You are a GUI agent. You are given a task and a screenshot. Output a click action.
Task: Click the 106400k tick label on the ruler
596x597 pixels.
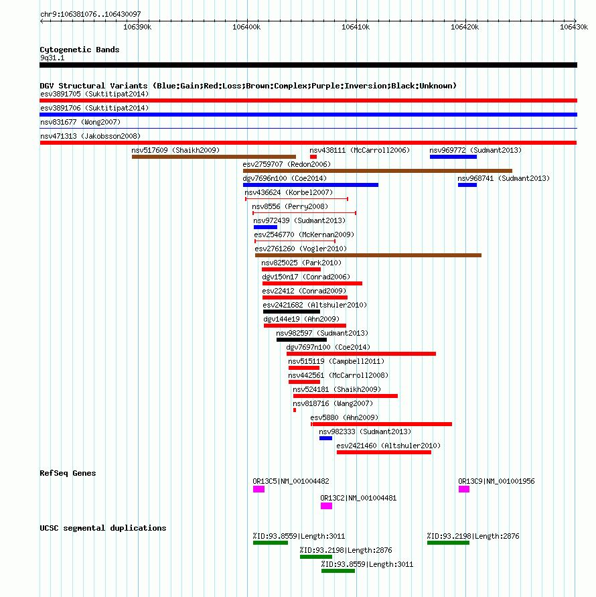tap(246, 27)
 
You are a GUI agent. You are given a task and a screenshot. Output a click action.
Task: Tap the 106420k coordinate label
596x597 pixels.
tap(465, 27)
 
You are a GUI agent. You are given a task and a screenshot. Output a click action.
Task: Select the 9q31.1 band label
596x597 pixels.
tap(52, 58)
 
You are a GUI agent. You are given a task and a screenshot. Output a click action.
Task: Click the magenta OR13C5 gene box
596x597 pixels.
tap(258, 489)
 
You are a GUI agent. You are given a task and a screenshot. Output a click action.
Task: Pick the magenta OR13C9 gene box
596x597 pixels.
tap(464, 489)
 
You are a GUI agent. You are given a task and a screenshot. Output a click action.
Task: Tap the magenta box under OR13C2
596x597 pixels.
tap(327, 506)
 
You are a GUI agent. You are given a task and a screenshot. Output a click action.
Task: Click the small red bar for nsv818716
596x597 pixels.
tap(295, 410)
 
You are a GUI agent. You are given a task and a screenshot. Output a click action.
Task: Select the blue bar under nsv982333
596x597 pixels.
tap(325, 438)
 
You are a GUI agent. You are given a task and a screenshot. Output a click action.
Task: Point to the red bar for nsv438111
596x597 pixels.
tap(313, 157)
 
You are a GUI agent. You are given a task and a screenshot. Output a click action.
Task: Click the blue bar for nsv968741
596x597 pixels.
tap(467, 185)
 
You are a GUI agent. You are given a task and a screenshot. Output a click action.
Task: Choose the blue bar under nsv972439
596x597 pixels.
tap(265, 227)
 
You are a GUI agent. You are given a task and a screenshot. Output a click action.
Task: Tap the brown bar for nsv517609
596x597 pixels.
tap(214, 157)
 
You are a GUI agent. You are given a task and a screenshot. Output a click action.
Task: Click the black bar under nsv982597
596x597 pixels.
tap(301, 340)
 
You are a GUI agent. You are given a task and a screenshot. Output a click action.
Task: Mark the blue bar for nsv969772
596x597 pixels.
tap(453, 157)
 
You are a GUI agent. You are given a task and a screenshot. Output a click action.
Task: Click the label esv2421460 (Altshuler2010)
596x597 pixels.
tap(388, 446)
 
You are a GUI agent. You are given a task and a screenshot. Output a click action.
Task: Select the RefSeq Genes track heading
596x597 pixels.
tap(68, 473)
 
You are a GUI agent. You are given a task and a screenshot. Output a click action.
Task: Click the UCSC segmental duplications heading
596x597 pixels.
tap(103, 528)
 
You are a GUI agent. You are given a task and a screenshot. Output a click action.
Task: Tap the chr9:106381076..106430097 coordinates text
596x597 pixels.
tap(90, 14)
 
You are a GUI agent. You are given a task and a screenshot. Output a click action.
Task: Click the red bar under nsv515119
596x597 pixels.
tap(304, 368)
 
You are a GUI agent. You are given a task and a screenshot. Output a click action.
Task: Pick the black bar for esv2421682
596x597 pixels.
tap(291, 312)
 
